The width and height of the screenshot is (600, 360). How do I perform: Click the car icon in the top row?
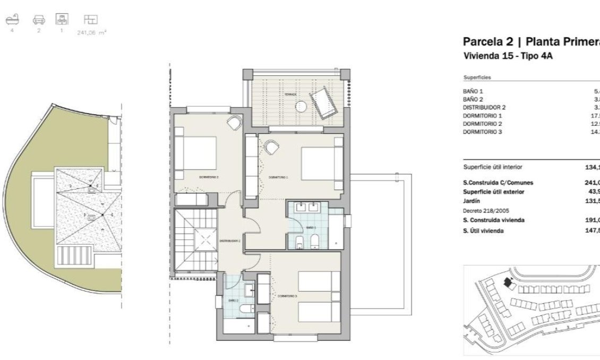pos(38,20)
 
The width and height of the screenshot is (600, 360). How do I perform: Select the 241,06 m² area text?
pos(92,32)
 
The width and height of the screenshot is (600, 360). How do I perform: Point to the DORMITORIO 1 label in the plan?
pos(278,177)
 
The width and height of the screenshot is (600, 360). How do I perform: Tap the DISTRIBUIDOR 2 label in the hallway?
pos(230,241)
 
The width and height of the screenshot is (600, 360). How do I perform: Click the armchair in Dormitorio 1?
pos(272,146)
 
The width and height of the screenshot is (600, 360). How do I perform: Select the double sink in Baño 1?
pos(308,209)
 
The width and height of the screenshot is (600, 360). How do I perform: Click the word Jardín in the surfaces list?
pos(472,201)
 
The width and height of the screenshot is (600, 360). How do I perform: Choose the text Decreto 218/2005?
pos(485,211)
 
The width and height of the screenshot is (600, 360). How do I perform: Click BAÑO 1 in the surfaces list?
pos(473,91)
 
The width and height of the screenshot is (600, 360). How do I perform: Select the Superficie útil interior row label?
pos(493,167)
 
